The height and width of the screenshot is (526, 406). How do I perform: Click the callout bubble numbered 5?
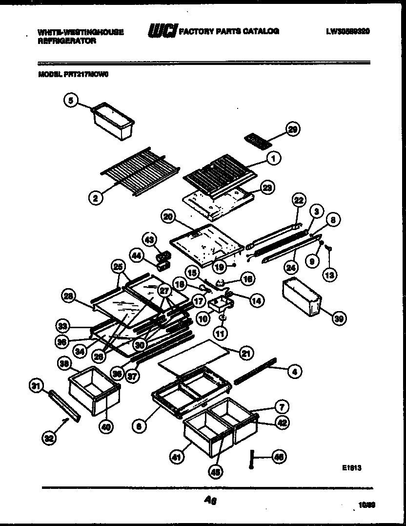[x=71, y=101]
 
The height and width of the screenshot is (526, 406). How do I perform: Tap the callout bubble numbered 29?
[x=293, y=129]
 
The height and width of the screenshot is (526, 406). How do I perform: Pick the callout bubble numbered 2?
[x=96, y=198]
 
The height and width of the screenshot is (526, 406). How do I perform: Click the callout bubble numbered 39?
[x=338, y=318]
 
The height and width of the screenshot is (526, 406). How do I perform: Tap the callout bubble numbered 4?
[x=293, y=372]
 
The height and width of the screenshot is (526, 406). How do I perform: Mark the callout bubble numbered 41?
[x=175, y=458]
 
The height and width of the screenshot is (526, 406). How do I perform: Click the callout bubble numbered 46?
[x=279, y=457]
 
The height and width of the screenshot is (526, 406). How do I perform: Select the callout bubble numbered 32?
[x=48, y=439]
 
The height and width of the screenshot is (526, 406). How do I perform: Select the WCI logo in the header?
[x=162, y=31]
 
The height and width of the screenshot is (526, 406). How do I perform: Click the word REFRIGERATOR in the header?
[x=67, y=42]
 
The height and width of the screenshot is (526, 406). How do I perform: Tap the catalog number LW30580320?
[x=347, y=31]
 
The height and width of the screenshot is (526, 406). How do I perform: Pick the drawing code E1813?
[x=351, y=467]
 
